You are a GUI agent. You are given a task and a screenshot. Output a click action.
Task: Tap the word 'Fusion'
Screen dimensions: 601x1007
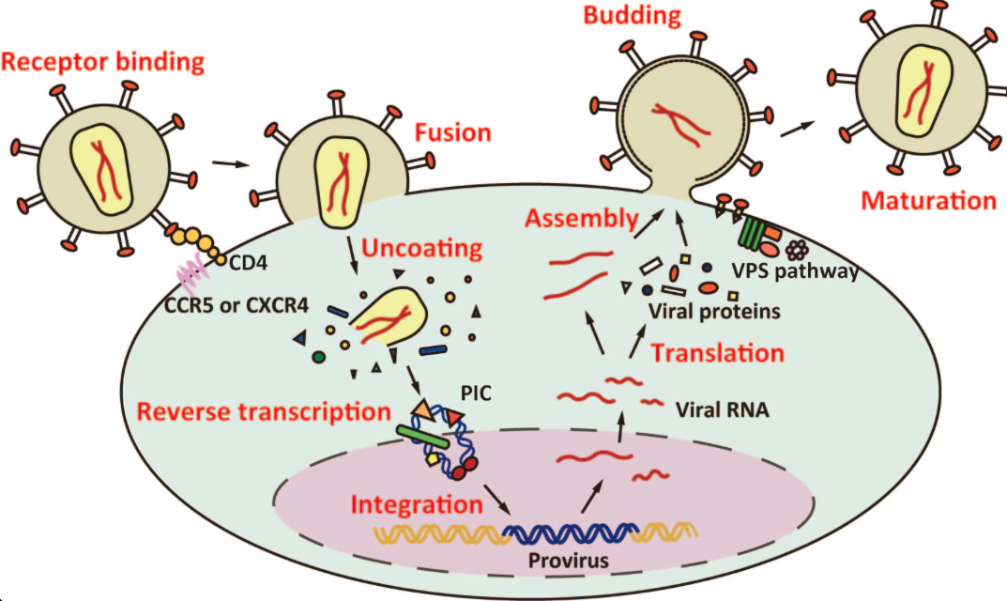click(453, 132)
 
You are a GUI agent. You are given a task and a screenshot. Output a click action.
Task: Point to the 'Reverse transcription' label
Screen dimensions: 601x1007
click(264, 411)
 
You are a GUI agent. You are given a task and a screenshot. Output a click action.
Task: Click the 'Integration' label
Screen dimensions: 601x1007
click(417, 503)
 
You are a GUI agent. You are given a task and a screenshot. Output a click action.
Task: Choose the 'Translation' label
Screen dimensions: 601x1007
click(717, 353)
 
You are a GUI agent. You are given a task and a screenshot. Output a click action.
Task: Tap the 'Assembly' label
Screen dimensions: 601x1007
click(581, 219)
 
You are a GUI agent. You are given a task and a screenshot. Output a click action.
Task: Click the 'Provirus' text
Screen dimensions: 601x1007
click(566, 561)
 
